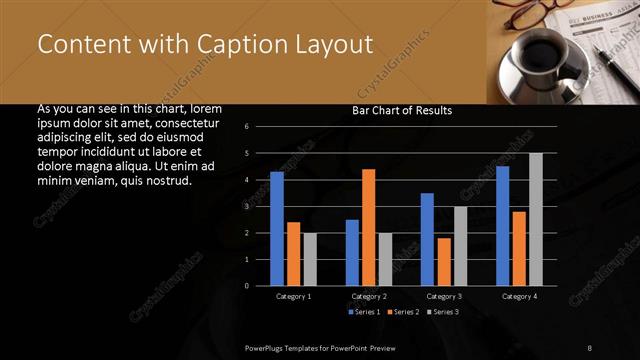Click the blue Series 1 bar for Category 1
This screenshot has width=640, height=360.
277,229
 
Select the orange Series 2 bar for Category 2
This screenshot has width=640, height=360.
369,227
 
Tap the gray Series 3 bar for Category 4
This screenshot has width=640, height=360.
536,219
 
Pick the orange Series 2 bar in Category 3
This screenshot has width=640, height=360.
444,262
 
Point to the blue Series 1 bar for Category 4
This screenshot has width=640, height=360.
503,226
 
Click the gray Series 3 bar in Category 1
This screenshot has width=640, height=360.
310,259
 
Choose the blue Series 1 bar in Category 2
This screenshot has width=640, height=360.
352,253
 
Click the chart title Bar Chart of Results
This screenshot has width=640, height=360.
402,110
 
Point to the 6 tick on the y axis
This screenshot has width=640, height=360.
259,127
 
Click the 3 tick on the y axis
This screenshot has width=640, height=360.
259,207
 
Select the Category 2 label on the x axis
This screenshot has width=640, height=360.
369,297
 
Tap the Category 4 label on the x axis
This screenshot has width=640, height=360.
519,297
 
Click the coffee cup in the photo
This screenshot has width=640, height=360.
546,52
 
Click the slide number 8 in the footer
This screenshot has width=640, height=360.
589,347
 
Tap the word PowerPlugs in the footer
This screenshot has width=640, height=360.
267,347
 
